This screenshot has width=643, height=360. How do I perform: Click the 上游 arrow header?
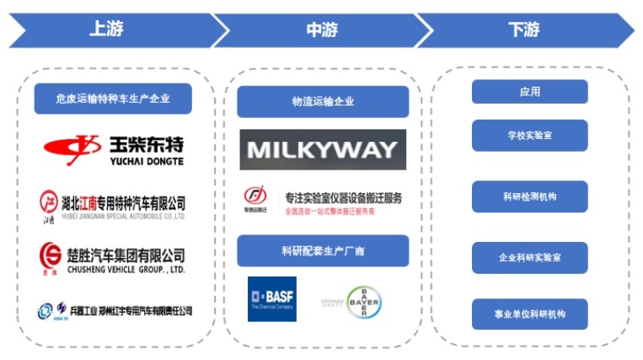(x=106, y=30)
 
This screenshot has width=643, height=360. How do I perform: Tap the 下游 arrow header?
(x=523, y=30)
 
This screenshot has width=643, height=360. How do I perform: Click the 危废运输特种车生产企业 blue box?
(x=113, y=99)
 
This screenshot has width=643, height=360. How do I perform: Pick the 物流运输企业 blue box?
(x=323, y=101)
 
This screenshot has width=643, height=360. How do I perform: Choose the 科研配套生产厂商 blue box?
(x=323, y=251)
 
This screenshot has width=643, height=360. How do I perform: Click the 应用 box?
(x=529, y=92)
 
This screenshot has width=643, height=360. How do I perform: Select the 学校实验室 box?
(x=529, y=134)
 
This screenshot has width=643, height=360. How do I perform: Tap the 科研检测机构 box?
(x=529, y=196)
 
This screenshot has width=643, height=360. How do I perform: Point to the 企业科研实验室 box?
(x=529, y=257)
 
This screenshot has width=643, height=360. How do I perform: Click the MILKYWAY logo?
(x=323, y=150)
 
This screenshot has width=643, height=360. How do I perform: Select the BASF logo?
(x=272, y=298)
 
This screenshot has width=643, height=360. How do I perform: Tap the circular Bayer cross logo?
(x=363, y=301)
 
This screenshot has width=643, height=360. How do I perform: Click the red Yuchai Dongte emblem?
(x=75, y=147)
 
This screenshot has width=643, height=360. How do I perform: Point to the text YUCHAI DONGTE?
(x=147, y=160)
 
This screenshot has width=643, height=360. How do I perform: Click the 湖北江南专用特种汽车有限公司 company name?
(x=123, y=202)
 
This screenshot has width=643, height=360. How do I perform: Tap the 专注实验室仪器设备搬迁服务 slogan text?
(x=343, y=197)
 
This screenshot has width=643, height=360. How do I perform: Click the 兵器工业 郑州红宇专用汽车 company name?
(x=126, y=311)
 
